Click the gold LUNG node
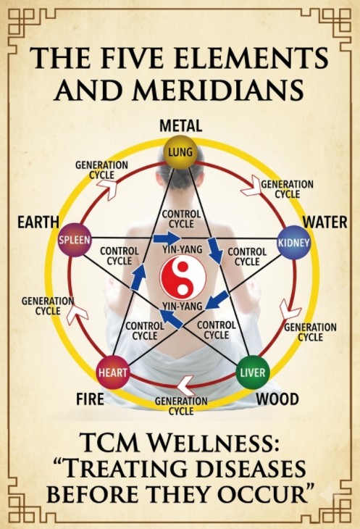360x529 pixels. coord(180,152)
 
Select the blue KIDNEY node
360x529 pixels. coord(293,243)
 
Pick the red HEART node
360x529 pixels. coord(112,372)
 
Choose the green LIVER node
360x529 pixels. coord(253,372)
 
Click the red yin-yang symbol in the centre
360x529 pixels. coord(183,278)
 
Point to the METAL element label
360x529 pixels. coord(180,126)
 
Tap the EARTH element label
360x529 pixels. coord(38,222)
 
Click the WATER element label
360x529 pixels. coord(325,222)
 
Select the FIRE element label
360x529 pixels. coord(90,399)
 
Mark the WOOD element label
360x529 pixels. coord(277,399)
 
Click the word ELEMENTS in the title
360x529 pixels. coord(248,57)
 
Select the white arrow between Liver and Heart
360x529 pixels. coord(186,386)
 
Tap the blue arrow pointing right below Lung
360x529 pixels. coord(167,238)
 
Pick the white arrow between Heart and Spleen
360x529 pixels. coord(78,313)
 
